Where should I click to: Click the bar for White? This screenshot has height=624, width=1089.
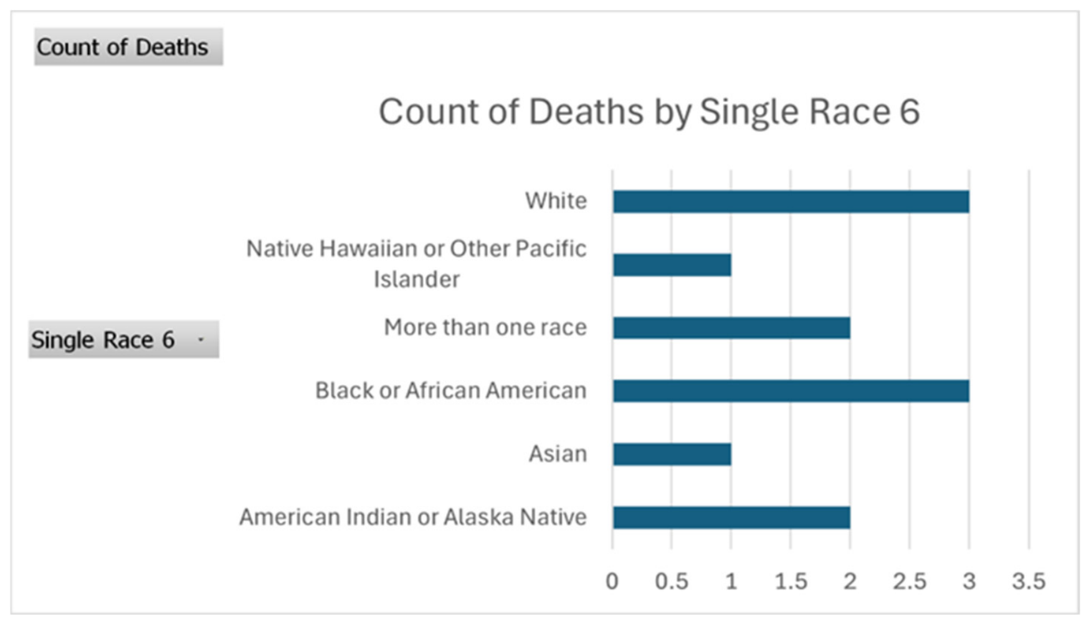pos(791,202)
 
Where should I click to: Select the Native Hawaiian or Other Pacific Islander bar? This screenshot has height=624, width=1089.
pos(672,265)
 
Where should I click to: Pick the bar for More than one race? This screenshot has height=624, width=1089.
pos(731,328)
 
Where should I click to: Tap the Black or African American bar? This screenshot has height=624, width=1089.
pos(791,391)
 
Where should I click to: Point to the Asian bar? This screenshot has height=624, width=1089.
pos(672,455)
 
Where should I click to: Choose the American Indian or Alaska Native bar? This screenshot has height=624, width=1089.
pos(731,518)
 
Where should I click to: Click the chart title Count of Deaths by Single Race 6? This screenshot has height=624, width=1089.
pos(649,112)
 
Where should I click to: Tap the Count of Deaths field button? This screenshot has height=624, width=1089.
pos(128,47)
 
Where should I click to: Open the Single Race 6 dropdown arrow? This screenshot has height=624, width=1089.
pos(201,339)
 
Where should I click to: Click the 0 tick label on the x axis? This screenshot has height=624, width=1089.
pos(612,581)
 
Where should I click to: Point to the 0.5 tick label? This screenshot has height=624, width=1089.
pos(672,581)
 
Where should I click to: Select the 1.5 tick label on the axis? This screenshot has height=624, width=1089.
pos(791,581)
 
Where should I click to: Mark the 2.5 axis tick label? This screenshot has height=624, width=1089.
pos(910,581)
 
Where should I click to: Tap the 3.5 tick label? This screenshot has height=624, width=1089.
pos(1029,581)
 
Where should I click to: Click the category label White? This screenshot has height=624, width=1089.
pos(556,201)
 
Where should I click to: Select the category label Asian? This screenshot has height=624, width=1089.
pos(558,454)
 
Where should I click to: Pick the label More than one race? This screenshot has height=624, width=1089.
pos(485,328)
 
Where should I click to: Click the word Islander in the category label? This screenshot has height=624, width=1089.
pos(416,280)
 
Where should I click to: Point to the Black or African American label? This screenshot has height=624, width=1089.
pos(451,390)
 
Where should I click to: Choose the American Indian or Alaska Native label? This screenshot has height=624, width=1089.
pos(413,517)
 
